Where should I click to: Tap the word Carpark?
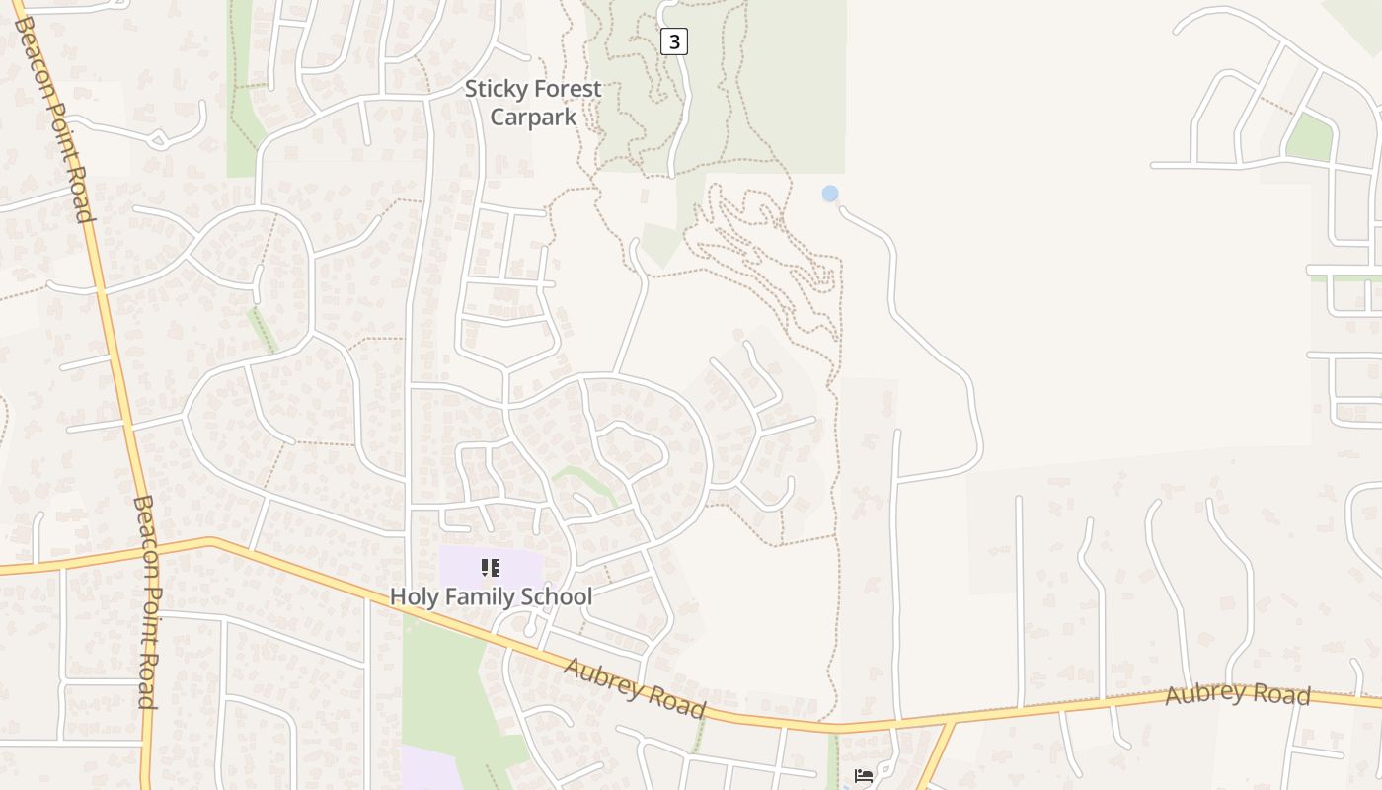point(533,118)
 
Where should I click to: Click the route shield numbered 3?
point(674,41)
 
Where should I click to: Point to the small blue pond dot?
point(830,194)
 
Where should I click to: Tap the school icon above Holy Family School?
point(491,568)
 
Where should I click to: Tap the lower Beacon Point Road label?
point(145,602)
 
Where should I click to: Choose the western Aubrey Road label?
point(635,686)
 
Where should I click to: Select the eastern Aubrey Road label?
point(1237,694)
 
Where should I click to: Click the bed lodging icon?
point(864,776)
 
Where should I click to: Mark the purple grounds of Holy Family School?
point(464,567)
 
